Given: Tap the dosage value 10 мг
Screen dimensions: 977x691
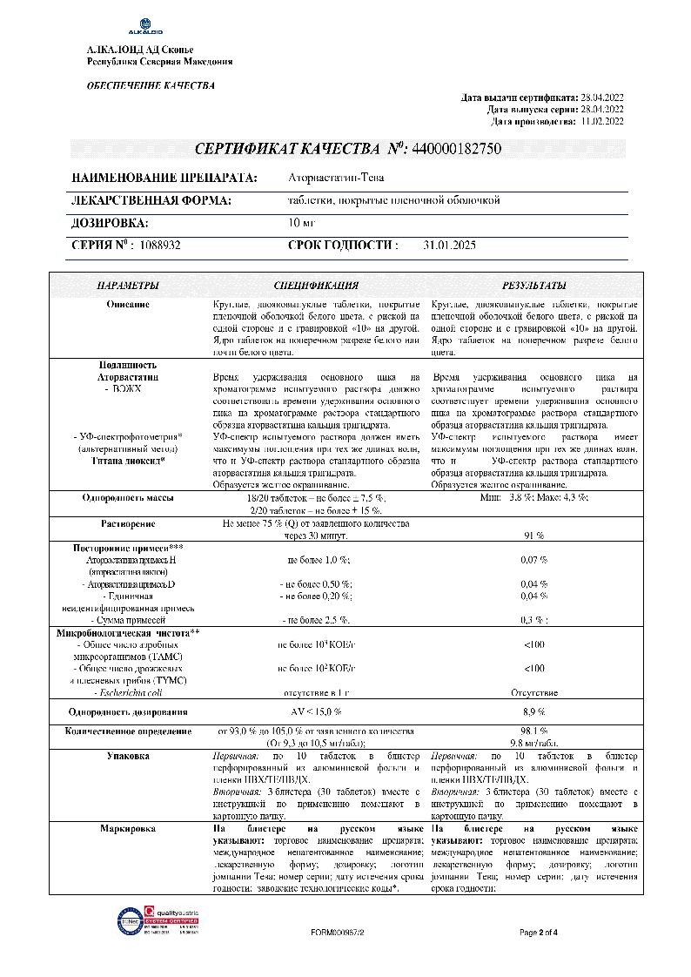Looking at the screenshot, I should tap(300, 223).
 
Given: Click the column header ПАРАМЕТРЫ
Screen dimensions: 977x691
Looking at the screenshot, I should tap(128, 285).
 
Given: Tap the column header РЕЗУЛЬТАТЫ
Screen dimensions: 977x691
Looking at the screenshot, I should tap(533, 285).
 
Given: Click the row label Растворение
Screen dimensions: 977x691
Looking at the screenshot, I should tap(128, 523).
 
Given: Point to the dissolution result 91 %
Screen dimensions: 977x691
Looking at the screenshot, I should tap(533, 535).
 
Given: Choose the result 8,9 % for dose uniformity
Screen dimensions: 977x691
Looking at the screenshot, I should tap(533, 712).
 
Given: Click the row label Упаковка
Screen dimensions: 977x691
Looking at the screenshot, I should tap(128, 757).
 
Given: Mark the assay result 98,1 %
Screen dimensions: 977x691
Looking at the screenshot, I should tap(533, 731).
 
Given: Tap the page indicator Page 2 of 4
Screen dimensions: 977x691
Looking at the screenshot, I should tap(539, 933).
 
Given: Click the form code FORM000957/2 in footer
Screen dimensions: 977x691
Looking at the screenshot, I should tap(337, 933).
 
